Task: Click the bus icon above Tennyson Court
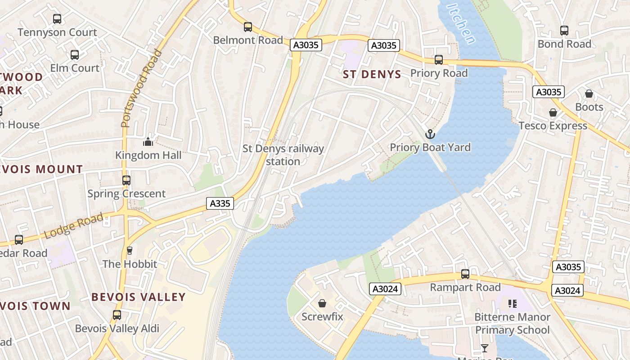[57, 19]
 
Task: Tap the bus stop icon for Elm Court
[75, 55]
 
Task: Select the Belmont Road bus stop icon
[248, 27]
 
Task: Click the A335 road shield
[220, 203]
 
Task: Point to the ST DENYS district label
[372, 74]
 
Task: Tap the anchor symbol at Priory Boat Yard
[430, 134]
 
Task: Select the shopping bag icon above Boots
[589, 94]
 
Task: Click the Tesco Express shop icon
[553, 112]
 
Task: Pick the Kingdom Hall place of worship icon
[148, 142]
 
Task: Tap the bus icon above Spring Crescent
[126, 180]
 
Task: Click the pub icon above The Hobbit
[130, 250]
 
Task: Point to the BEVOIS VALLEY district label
[139, 297]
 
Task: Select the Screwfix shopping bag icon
[322, 303]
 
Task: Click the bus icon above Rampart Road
[465, 274]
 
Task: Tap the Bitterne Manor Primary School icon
[512, 304]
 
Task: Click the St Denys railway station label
[283, 155]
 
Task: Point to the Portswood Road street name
[141, 89]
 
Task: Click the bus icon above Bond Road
[564, 31]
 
